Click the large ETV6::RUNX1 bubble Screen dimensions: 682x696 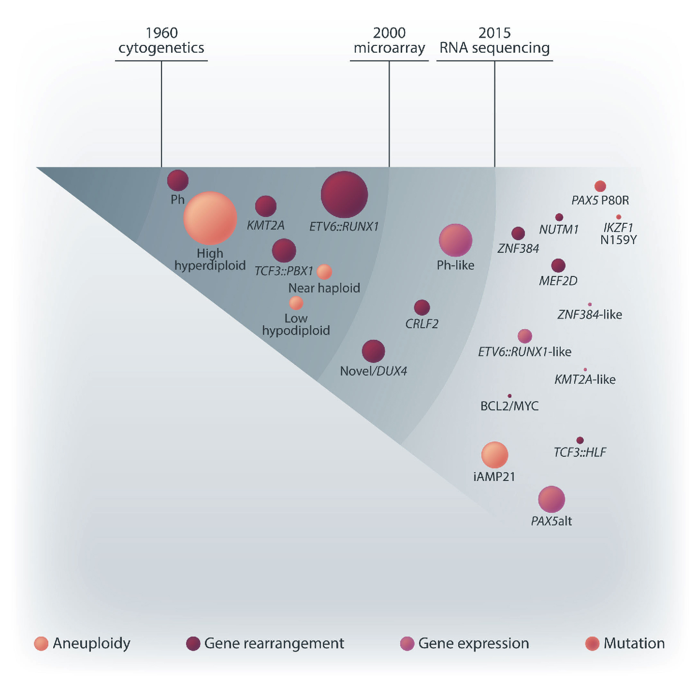point(344,194)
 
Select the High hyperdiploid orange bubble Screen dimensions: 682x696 point(210,218)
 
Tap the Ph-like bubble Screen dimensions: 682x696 point(455,240)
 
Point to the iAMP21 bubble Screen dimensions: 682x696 point(494,455)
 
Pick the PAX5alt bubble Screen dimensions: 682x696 point(551,499)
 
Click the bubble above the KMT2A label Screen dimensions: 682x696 point(265,206)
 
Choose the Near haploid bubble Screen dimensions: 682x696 point(324,272)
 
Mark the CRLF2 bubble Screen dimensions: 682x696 point(422,307)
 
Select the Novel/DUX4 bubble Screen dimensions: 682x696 point(373,351)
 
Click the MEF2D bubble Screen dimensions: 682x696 point(558,265)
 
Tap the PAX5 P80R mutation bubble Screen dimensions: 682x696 point(600,186)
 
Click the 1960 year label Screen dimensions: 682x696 point(161,33)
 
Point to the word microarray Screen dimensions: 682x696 point(389,48)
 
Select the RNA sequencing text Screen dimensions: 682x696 point(494,48)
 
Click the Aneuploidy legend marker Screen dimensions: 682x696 point(41,643)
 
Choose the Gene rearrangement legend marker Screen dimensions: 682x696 point(193,643)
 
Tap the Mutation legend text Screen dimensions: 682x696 point(634,643)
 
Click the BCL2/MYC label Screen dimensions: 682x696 point(509,406)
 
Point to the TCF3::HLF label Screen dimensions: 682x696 point(580,452)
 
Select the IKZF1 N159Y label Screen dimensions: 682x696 point(618,233)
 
